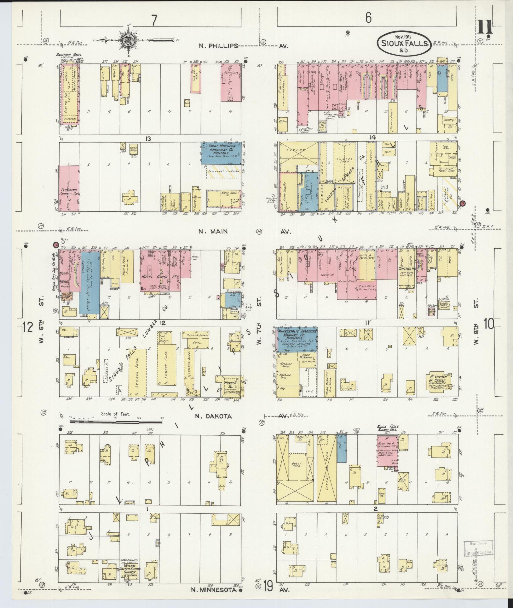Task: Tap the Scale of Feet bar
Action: pos(117,421)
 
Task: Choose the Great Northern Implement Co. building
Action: pos(221,153)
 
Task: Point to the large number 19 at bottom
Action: pos(268,587)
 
